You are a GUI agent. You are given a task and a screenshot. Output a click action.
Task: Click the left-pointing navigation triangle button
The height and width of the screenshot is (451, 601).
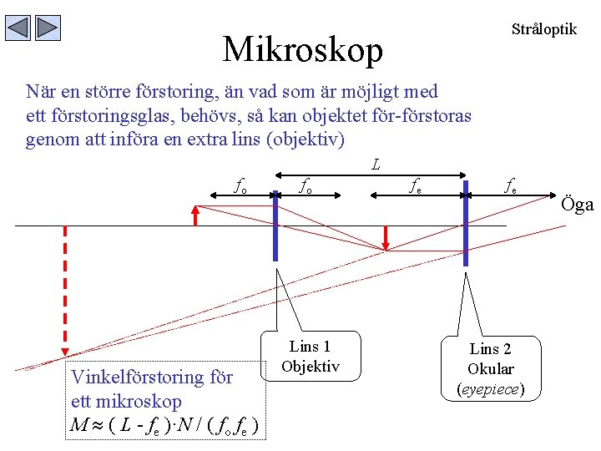(18, 28)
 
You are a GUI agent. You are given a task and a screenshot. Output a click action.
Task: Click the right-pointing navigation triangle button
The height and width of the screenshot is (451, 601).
(48, 28)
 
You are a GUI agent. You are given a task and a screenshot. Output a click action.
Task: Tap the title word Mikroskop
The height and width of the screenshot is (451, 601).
(302, 50)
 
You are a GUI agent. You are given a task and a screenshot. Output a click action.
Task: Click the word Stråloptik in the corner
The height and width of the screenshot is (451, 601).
(543, 29)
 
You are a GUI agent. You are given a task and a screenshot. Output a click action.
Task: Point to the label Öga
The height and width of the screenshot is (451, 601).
(577, 205)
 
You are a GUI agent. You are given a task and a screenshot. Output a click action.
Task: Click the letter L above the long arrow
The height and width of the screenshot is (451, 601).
(376, 165)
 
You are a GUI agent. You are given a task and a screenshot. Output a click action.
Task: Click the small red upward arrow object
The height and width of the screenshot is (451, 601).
(195, 216)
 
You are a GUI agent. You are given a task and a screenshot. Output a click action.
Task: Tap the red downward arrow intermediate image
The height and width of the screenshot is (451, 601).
(385, 237)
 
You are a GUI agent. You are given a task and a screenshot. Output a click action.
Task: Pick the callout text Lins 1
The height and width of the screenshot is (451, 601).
(310, 347)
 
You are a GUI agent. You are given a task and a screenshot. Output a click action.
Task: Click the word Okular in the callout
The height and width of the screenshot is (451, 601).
(490, 368)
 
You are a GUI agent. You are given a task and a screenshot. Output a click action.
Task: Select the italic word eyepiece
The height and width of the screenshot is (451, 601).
(490, 388)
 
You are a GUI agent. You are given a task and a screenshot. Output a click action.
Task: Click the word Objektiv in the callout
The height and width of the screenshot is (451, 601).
(310, 366)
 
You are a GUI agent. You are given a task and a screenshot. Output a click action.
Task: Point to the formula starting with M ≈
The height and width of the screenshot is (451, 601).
(167, 427)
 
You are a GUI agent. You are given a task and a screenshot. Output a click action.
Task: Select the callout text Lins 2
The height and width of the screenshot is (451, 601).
(490, 349)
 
